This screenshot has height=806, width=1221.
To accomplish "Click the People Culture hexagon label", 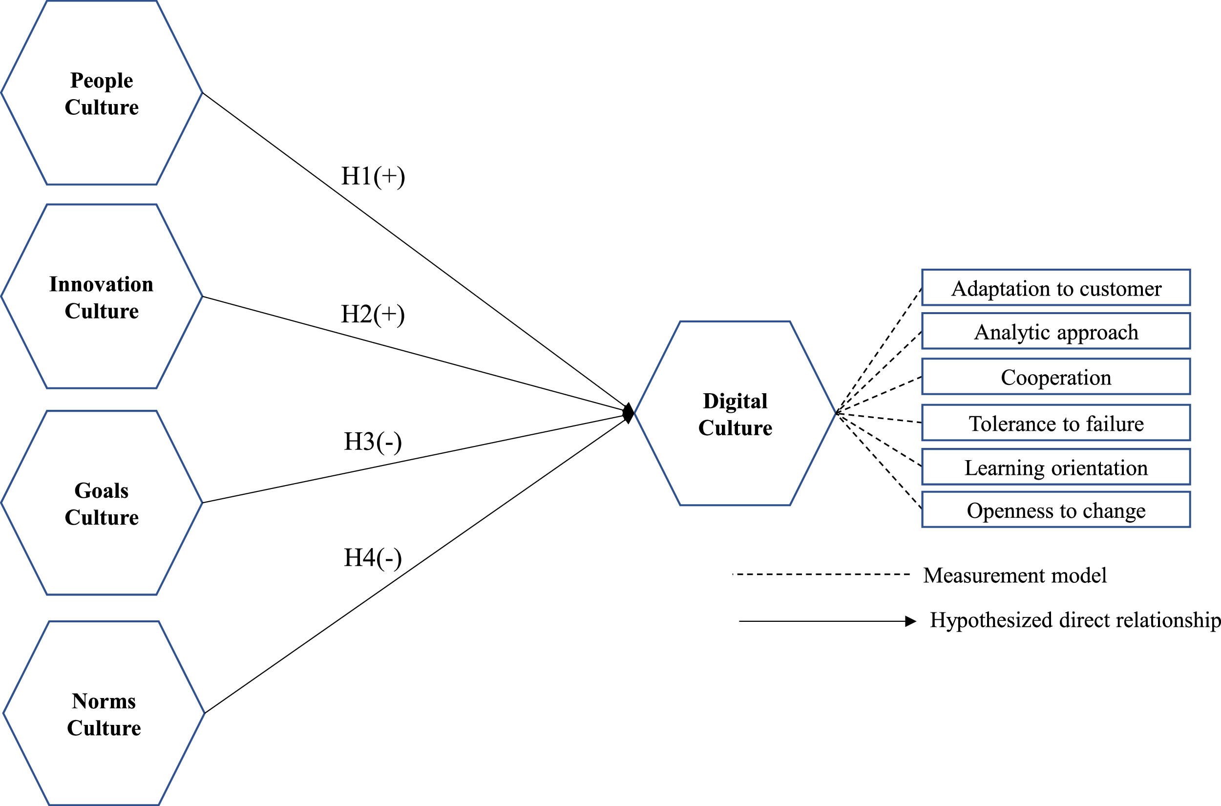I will [102, 94].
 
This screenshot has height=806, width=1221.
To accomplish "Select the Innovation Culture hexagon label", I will [102, 297].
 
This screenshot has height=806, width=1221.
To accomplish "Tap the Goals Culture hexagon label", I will [102, 504].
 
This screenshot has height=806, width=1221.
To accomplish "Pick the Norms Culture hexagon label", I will [104, 715].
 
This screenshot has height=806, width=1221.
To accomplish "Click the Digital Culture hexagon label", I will [735, 414].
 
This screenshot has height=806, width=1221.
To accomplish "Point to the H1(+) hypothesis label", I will [373, 176].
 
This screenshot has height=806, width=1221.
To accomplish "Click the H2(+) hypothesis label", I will [373, 314].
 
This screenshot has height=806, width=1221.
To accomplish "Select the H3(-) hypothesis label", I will [373, 442].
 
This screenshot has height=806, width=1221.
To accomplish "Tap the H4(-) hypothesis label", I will [373, 558].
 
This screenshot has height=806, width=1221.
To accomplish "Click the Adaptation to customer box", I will [1056, 288].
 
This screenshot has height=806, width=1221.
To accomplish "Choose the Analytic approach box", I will [1056, 332].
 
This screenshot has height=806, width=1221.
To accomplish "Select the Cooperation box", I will [1056, 377].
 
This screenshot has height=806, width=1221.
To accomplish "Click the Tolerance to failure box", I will [1056, 423].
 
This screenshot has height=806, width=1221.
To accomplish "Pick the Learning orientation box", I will [1056, 467].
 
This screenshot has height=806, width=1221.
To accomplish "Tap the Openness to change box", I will [1056, 510].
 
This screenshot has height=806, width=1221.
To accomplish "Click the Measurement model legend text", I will [1015, 575].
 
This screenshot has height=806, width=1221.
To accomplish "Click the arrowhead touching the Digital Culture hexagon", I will [629, 413].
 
